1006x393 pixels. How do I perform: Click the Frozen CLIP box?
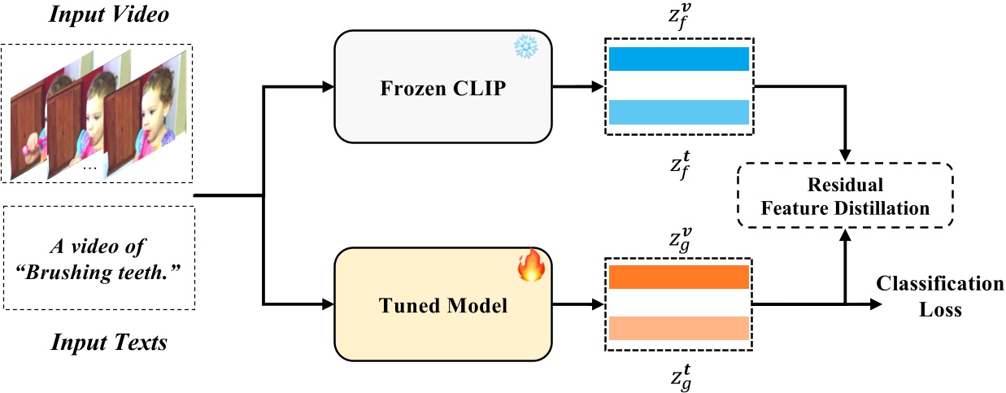point(443,88)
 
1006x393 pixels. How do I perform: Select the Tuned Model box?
point(443,306)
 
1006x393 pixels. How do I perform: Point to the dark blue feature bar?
point(678,59)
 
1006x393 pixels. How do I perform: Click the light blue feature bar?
point(678,111)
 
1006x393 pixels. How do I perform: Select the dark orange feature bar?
point(678,277)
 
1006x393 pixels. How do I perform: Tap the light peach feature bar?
point(678,328)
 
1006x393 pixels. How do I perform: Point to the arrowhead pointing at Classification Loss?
point(875,304)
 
